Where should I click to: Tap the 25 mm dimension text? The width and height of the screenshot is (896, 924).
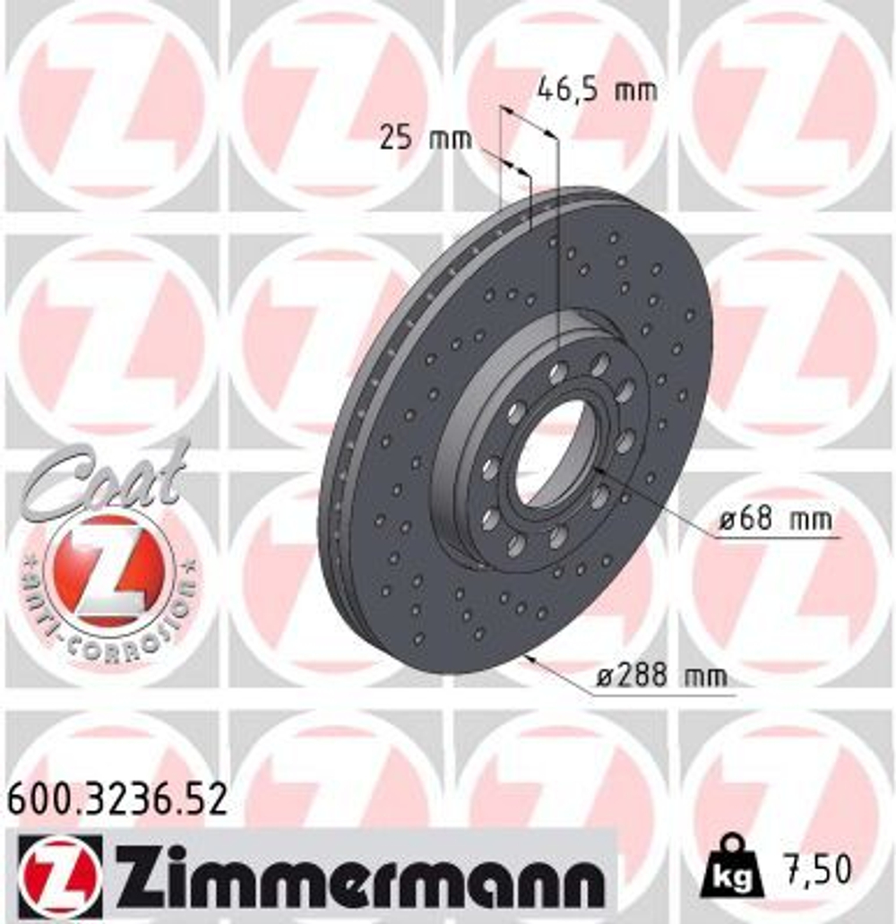tap(424, 139)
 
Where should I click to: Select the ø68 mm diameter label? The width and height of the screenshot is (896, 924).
tap(777, 518)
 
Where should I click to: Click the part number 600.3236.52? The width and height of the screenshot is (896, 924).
tap(117, 798)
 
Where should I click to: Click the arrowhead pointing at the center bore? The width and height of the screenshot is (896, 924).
tap(599, 471)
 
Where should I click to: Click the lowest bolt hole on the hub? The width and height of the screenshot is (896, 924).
tap(517, 546)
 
